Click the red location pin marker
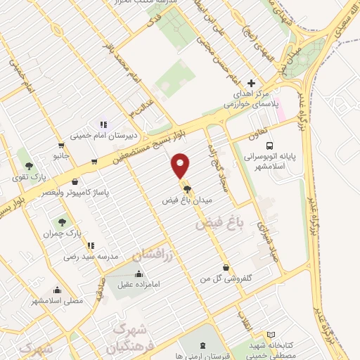[x=181, y=165]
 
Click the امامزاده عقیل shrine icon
[x=139, y=274]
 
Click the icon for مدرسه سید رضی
[x=91, y=245]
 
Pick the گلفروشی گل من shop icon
[x=225, y=268]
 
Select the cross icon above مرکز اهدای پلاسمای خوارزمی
[x=251, y=83]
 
